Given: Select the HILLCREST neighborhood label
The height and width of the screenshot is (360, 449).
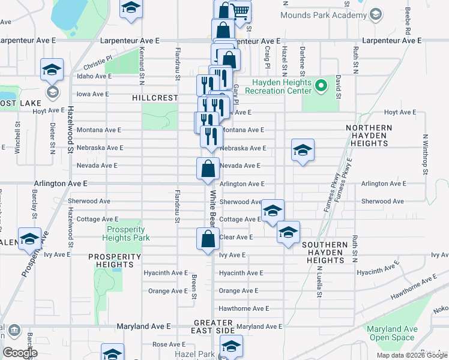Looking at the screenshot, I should [155, 98].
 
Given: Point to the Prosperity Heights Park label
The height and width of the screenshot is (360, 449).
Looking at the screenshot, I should [125, 233].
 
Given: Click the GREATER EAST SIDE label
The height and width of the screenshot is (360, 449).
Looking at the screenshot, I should [214, 326].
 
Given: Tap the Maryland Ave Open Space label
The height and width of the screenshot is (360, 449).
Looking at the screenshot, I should [392, 333].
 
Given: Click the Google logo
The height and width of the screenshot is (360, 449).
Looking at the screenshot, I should [20, 353].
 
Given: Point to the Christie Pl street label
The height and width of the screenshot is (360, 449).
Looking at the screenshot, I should [98, 62].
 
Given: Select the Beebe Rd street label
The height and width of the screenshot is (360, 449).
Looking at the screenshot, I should [408, 20].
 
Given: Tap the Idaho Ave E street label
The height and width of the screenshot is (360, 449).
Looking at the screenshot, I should [94, 76].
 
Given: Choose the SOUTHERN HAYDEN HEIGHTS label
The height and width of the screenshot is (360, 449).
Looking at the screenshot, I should [325, 253].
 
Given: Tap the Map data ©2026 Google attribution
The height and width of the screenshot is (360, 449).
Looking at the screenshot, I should [412, 355].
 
